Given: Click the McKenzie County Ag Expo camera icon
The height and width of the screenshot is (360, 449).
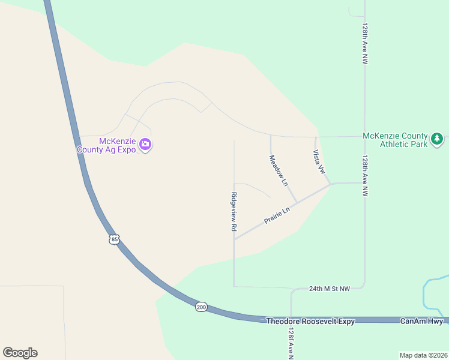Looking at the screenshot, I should (x=145, y=144).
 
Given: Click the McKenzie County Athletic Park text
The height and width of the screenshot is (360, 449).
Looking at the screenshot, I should (x=395, y=140).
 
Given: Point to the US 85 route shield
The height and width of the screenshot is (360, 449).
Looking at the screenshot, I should (x=115, y=239).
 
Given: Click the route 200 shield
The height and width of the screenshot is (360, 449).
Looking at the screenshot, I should (x=201, y=307).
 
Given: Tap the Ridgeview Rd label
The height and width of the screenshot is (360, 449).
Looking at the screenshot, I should (x=234, y=212).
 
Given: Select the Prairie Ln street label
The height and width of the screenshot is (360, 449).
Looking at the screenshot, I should (x=278, y=216).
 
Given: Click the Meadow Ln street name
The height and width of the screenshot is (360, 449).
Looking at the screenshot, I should (x=279, y=170).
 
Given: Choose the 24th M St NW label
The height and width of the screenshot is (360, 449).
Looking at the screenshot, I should (x=330, y=289).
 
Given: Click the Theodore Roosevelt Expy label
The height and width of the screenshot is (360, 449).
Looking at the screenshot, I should (x=310, y=322).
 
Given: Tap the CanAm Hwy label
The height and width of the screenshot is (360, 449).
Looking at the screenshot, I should (x=421, y=322).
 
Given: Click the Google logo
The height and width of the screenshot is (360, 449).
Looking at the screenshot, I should (x=20, y=353).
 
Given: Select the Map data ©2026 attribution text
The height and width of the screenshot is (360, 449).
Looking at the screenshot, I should (x=423, y=355).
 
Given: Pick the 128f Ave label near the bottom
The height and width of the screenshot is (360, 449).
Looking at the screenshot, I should (x=291, y=343).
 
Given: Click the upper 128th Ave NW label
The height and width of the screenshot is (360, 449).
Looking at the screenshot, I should (x=364, y=44).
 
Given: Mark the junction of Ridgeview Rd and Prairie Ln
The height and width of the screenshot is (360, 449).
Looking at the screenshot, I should (x=234, y=239).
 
